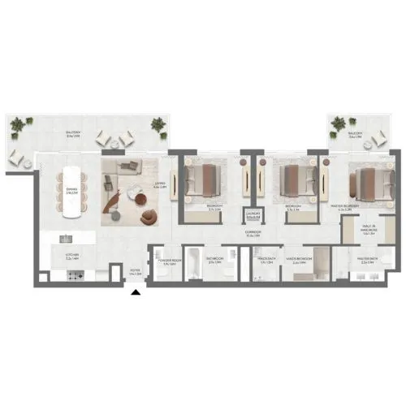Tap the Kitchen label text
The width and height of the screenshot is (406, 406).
[71, 257]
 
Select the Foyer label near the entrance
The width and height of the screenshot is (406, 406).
[136, 274]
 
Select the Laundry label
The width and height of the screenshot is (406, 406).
[253, 216]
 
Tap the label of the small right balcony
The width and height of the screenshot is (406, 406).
[356, 134]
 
